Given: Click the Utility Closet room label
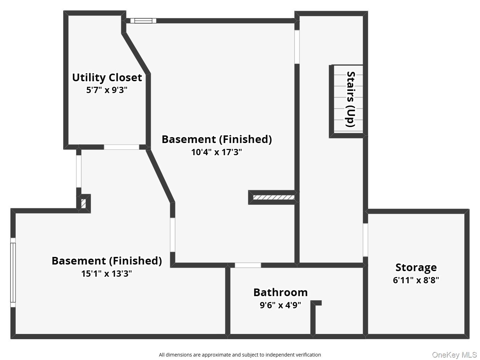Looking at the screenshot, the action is [x=107, y=78].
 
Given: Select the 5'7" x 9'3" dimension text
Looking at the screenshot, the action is [x=107, y=90].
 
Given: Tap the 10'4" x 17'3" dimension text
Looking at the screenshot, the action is [x=216, y=152].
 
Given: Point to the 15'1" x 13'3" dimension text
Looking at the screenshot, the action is [x=107, y=274].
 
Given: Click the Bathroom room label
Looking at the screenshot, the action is [x=280, y=292].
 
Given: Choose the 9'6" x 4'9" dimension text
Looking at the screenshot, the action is [x=280, y=305].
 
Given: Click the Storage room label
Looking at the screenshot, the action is [x=416, y=268].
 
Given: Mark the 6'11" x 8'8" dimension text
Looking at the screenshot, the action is [x=416, y=280].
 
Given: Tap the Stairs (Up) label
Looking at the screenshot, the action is [x=350, y=99].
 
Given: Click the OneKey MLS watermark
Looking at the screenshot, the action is [x=454, y=354].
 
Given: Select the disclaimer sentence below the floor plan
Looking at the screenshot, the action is [x=240, y=355].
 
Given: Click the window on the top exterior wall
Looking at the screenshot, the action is [x=143, y=21].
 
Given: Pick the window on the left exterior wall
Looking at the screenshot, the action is [x=13, y=273].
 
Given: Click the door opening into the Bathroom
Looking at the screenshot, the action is [x=248, y=265].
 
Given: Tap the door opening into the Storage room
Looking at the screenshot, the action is [x=365, y=240].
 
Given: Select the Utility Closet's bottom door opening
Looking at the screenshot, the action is [x=121, y=147].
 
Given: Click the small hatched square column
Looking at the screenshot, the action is [x=83, y=203].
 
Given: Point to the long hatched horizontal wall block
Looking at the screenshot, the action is [x=274, y=198].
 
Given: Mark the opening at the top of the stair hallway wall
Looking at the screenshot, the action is [x=297, y=47].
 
